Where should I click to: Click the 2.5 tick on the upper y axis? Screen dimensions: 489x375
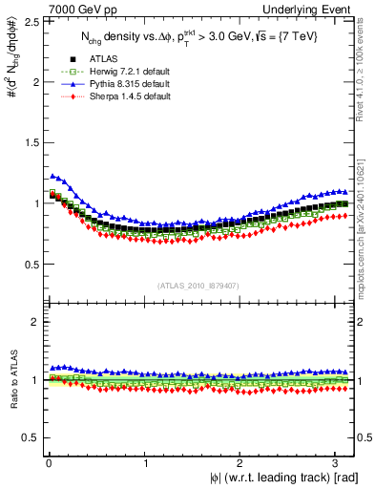coord(30,21)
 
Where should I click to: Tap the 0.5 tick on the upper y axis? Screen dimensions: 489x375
coord(30,264)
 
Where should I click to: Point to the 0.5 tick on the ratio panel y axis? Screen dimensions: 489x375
coord(30,437)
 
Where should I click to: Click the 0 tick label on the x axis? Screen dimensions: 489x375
coord(48,465)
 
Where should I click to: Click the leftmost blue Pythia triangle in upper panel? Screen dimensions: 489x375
coord(52,175)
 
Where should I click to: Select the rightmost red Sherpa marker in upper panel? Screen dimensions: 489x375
coord(344,215)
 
